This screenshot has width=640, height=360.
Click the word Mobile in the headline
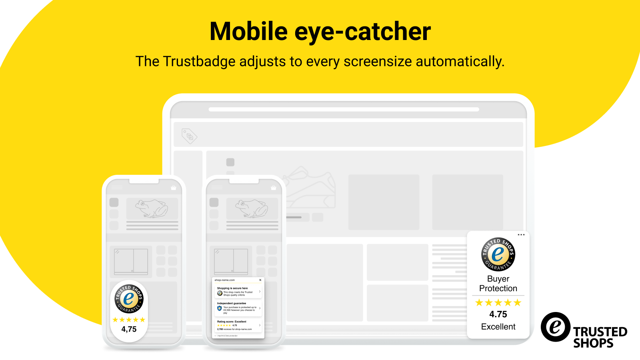pos(248,31)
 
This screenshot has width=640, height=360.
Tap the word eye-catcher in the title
pos(362,31)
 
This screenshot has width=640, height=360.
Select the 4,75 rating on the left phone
pos(129,329)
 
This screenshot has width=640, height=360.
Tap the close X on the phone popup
pos(260,280)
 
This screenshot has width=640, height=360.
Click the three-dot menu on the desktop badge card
pos(521,235)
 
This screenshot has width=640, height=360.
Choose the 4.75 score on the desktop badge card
pos(498,314)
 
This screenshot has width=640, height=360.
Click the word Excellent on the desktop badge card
pos(498,327)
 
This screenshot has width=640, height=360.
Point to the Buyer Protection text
pos(498,284)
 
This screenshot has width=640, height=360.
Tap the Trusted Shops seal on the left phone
pos(129,298)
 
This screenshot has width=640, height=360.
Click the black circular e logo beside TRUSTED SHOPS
pos(555,327)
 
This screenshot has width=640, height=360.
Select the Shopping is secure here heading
pos(232,288)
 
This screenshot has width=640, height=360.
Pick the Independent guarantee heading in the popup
pos(232,303)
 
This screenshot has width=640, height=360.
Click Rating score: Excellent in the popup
pos(232,322)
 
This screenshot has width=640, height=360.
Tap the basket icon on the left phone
pos(173,187)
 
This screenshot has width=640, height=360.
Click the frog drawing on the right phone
pos(252,208)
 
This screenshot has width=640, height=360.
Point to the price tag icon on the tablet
pos(189,136)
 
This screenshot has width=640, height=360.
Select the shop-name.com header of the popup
pos(225,280)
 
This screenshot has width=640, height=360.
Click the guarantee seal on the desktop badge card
pos(498,254)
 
